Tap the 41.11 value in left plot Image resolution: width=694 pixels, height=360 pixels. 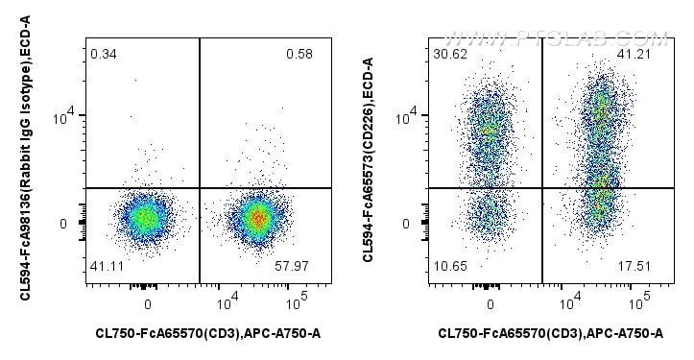(x=107, y=276)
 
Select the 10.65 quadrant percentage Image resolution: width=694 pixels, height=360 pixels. (x=448, y=276)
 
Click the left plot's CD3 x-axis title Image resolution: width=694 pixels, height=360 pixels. (x=208, y=334)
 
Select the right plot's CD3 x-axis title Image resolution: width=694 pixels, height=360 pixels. (x=550, y=334)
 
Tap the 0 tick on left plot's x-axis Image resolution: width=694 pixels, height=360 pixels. (x=148, y=304)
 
